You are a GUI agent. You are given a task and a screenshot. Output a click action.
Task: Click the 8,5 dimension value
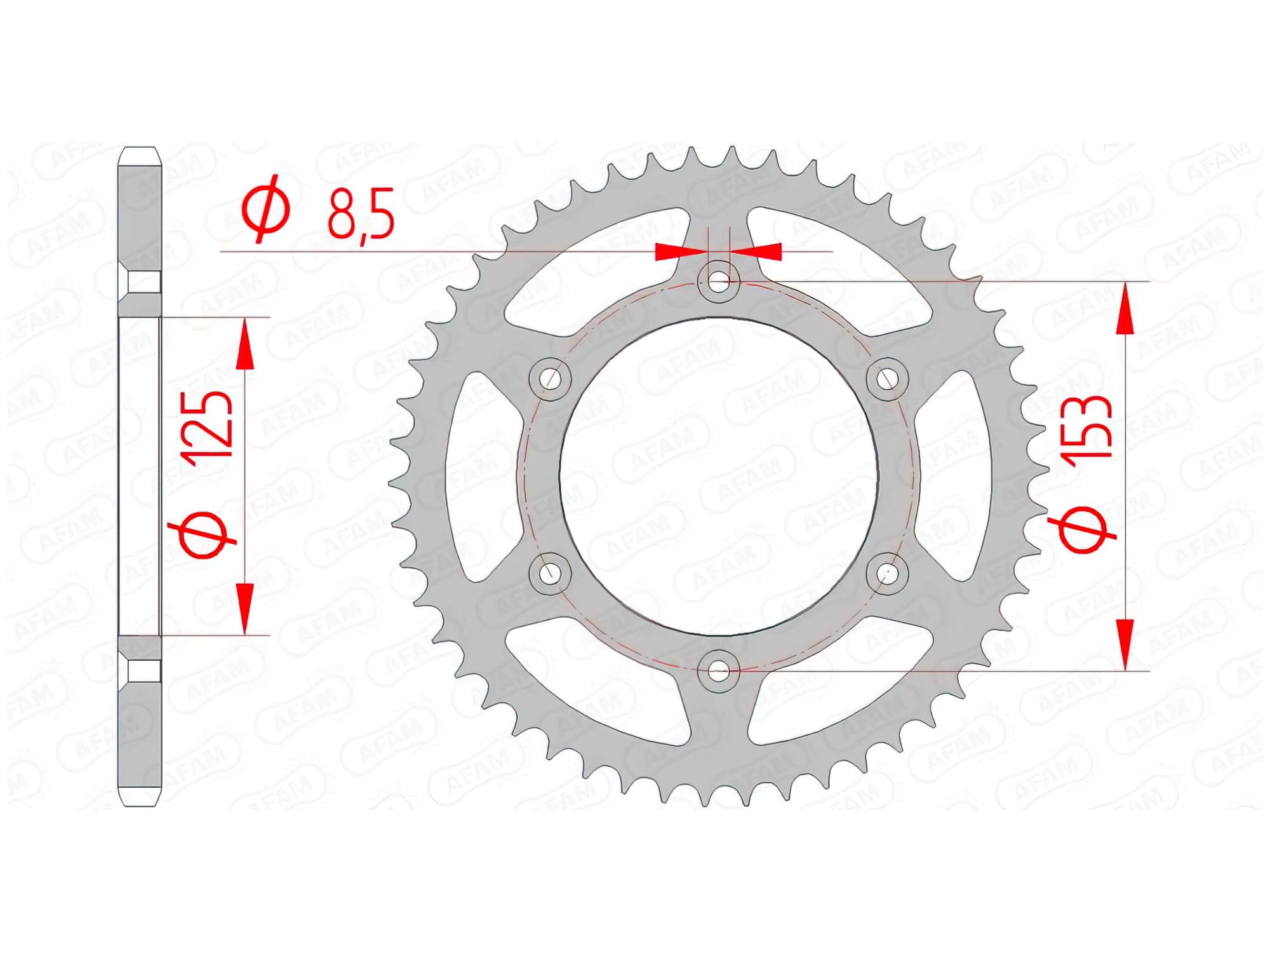[x=361, y=213]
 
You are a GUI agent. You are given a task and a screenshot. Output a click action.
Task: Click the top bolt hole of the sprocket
[x=718, y=281]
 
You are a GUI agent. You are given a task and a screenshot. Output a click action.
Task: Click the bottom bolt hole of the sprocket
[x=718, y=670]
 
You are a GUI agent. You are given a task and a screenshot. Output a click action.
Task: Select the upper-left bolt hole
[x=550, y=379]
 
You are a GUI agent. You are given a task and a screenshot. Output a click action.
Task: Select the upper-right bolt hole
[x=887, y=379]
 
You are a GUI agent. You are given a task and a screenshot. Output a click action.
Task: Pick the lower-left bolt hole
[x=550, y=573]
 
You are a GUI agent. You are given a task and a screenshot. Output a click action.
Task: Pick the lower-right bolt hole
[x=887, y=573]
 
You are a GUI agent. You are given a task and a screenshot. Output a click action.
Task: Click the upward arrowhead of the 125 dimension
[x=244, y=347]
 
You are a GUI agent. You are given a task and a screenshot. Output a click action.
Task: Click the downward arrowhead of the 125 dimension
[x=244, y=606]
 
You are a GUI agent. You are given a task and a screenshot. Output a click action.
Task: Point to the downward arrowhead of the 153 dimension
[x=1125, y=642]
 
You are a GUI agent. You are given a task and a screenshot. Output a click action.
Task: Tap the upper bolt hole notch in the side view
[x=140, y=282]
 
